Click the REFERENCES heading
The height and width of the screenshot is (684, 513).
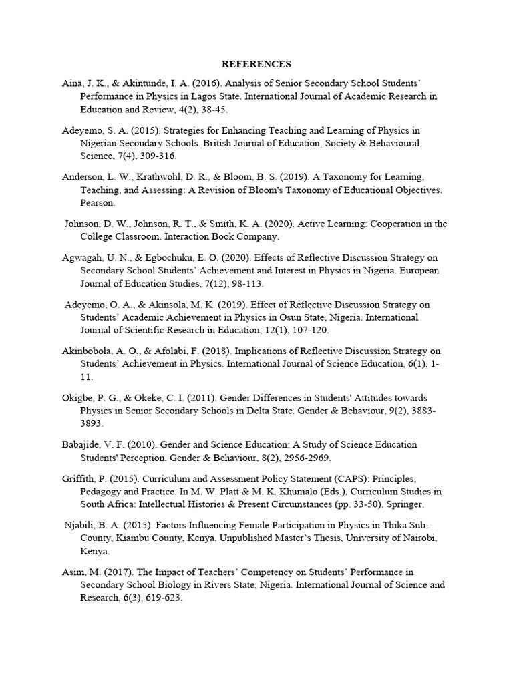[x=256, y=65]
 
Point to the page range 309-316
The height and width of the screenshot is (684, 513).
[x=156, y=156]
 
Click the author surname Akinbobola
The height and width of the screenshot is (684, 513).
[x=87, y=351]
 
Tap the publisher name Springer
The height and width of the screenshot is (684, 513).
[x=403, y=504]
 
